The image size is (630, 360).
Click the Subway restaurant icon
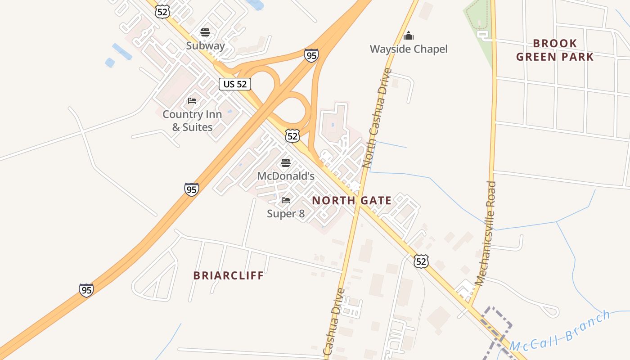tap(205, 32)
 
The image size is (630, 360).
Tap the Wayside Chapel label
tap(409, 49)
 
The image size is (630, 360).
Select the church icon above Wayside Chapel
tap(409, 36)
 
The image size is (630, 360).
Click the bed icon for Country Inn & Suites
tap(192, 101)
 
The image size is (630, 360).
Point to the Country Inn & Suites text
tap(192, 121)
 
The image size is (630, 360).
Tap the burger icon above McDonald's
tap(285, 162)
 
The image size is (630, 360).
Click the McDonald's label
tap(285, 176)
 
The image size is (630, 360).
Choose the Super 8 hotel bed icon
tap(285, 200)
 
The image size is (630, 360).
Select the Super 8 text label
tap(285, 213)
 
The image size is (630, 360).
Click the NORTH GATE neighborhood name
tap(351, 200)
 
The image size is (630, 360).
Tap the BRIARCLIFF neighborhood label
tap(229, 275)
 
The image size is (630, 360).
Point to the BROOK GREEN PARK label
tap(555, 50)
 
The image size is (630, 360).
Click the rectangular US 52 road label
tap(235, 84)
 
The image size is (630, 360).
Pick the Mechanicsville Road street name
tap(486, 233)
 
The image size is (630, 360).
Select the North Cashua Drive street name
tap(378, 118)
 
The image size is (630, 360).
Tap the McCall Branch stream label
tap(560, 331)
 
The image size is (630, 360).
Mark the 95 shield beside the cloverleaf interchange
tap(311, 55)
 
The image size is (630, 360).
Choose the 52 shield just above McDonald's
tap(292, 135)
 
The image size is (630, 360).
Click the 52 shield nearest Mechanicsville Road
tap(421, 261)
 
